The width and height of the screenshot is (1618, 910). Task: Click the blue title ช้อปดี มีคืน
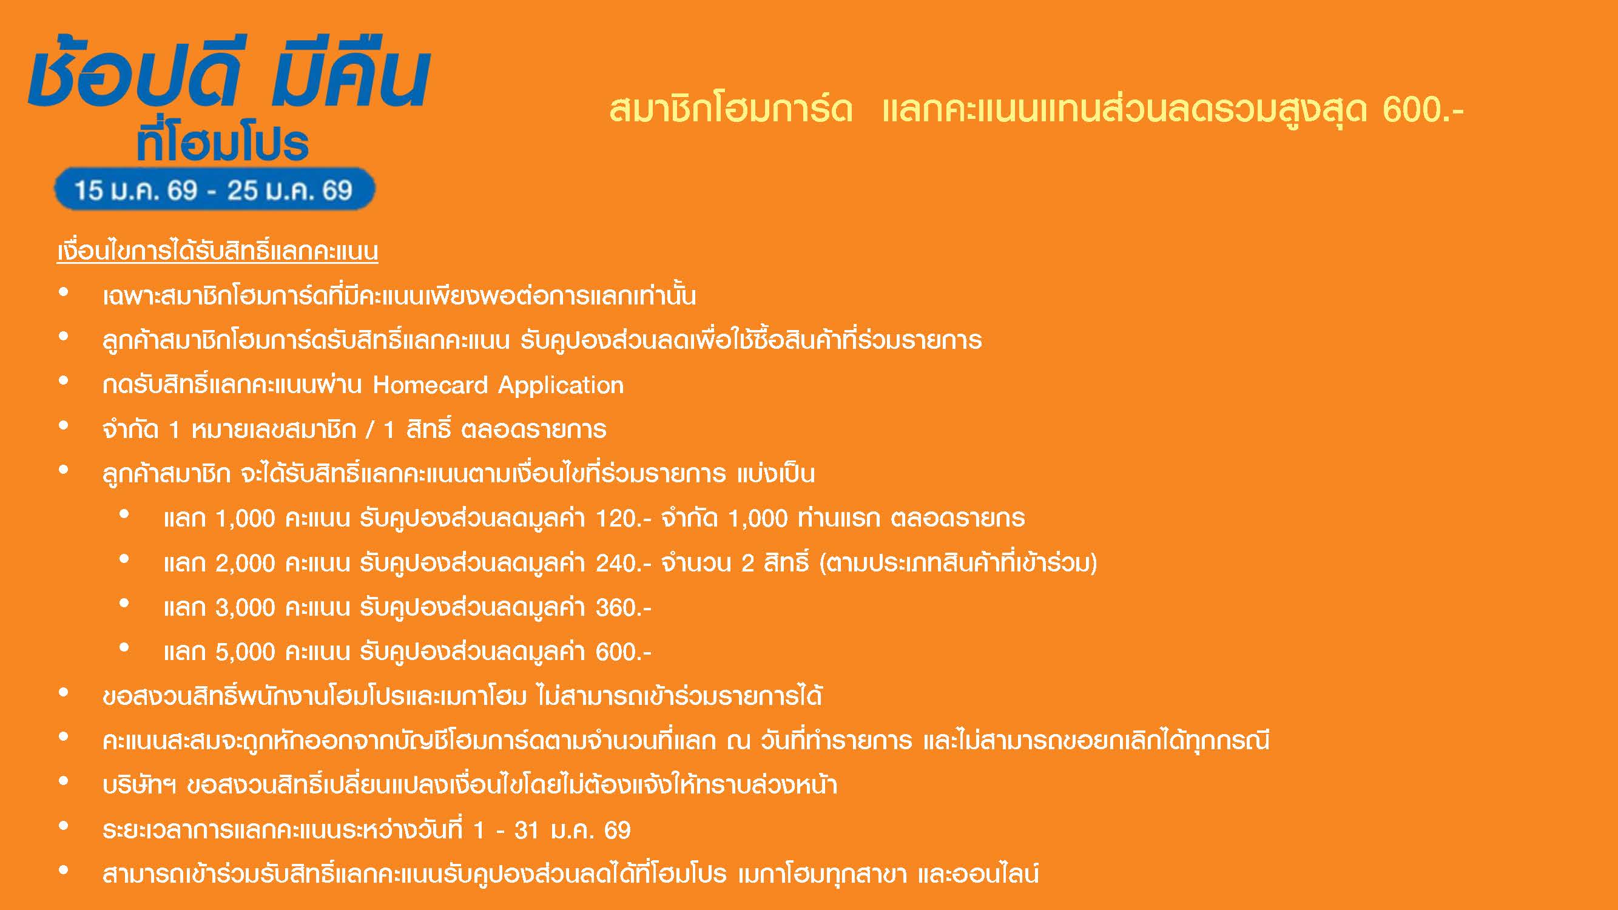[x=229, y=75]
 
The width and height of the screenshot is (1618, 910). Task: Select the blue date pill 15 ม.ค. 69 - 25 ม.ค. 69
[x=215, y=189]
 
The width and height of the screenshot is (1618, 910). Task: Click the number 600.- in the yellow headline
[x=1423, y=109]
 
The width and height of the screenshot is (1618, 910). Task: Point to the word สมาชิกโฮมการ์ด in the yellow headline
[x=731, y=108]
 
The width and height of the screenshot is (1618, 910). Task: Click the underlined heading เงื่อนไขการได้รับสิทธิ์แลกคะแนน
[x=217, y=251]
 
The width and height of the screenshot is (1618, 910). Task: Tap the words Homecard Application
[x=498, y=385]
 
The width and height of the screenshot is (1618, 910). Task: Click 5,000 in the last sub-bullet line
[x=246, y=653]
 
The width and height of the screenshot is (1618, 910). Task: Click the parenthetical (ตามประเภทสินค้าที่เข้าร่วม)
[x=959, y=562]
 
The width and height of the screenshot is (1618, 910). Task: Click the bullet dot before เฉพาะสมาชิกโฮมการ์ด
[x=64, y=292]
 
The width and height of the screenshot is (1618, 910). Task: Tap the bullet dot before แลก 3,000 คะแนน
[x=124, y=604]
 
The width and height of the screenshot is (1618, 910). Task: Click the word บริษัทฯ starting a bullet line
[x=140, y=784]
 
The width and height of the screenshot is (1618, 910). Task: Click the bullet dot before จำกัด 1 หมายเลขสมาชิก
[x=64, y=426]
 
